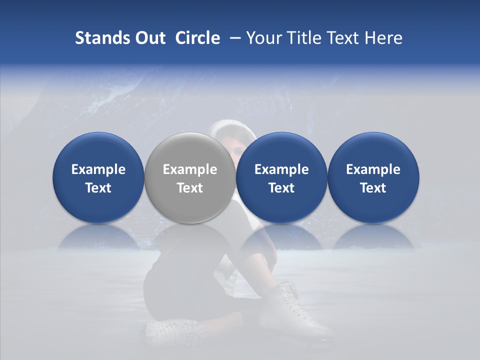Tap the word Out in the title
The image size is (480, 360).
point(150,38)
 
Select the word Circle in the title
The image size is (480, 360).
point(197,38)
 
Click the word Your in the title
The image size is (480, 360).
point(263,38)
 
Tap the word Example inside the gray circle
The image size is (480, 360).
point(190,169)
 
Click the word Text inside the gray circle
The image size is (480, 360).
point(190,188)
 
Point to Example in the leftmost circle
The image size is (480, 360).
point(98,169)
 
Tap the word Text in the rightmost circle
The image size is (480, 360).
point(373,188)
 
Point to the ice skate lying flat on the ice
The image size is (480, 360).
point(175,330)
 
